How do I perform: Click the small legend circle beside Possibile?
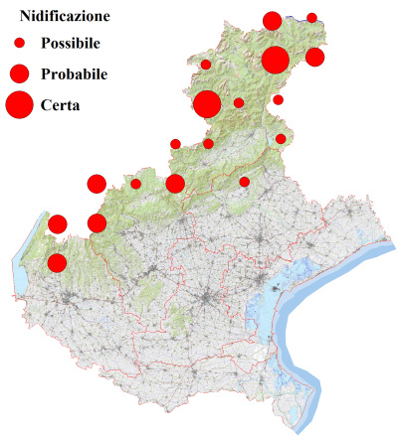coord(19,44)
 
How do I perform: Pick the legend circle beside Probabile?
coord(19,73)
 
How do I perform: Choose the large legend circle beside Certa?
coord(19,104)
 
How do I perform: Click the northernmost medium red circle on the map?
coord(272,21)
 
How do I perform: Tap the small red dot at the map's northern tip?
coord(311,17)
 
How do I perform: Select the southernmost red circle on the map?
coord(57,263)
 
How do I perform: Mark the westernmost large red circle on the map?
coord(207,104)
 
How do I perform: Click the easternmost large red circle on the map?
coord(276,60)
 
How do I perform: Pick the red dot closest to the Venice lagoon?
coord(245,182)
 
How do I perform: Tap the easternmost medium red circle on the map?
coord(314,57)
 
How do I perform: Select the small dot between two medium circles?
coord(136,183)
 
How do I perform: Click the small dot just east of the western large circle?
coord(239,102)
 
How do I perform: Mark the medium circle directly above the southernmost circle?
coord(57,223)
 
